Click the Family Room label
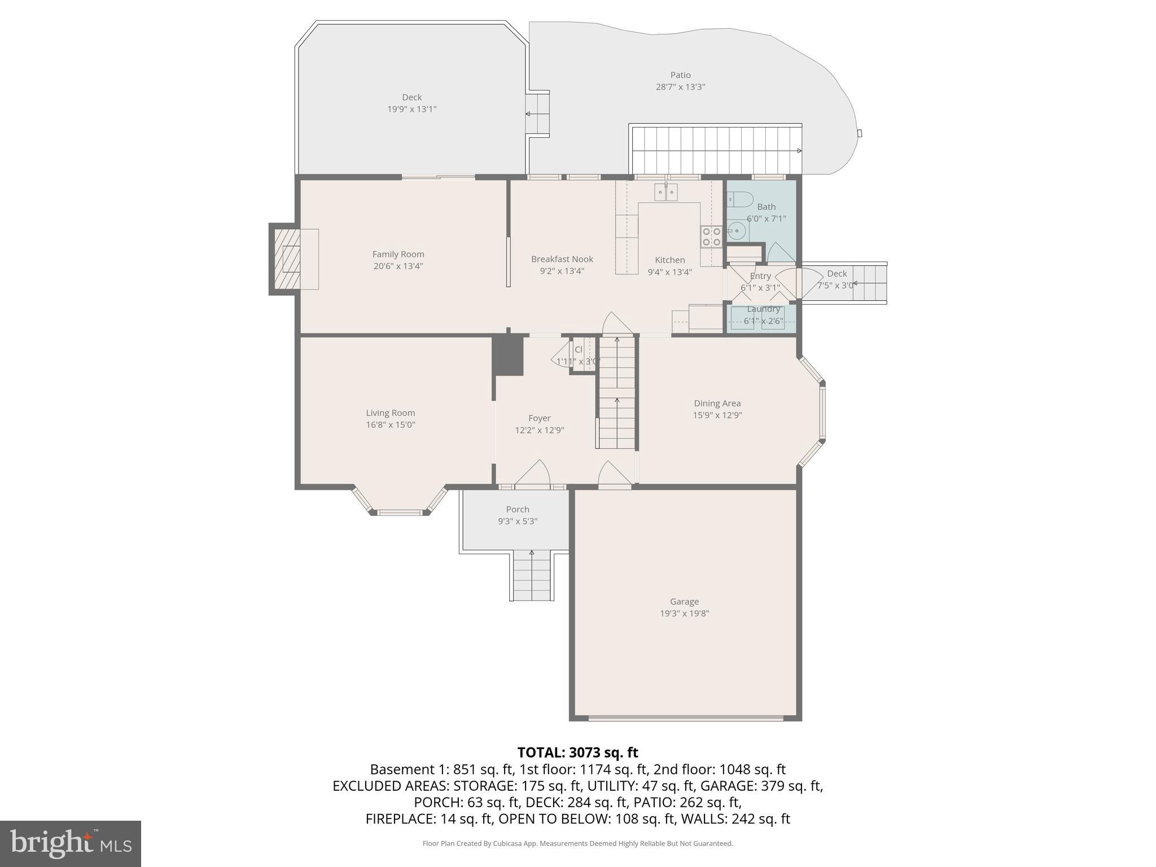[398, 255]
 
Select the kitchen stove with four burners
[711, 237]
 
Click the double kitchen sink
[666, 192]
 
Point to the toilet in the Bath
[740, 199]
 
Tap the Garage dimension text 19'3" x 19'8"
[684, 614]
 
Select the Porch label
[518, 509]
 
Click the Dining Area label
[717, 403]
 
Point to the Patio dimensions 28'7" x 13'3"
[680, 87]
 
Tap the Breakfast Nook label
[562, 259]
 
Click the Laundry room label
[763, 309]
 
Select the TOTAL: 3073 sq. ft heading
[577, 752]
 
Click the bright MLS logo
[71, 843]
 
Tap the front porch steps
[531, 576]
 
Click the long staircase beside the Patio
[716, 150]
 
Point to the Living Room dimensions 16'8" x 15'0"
[390, 425]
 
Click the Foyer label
[539, 418]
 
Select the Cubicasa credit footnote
[577, 843]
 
